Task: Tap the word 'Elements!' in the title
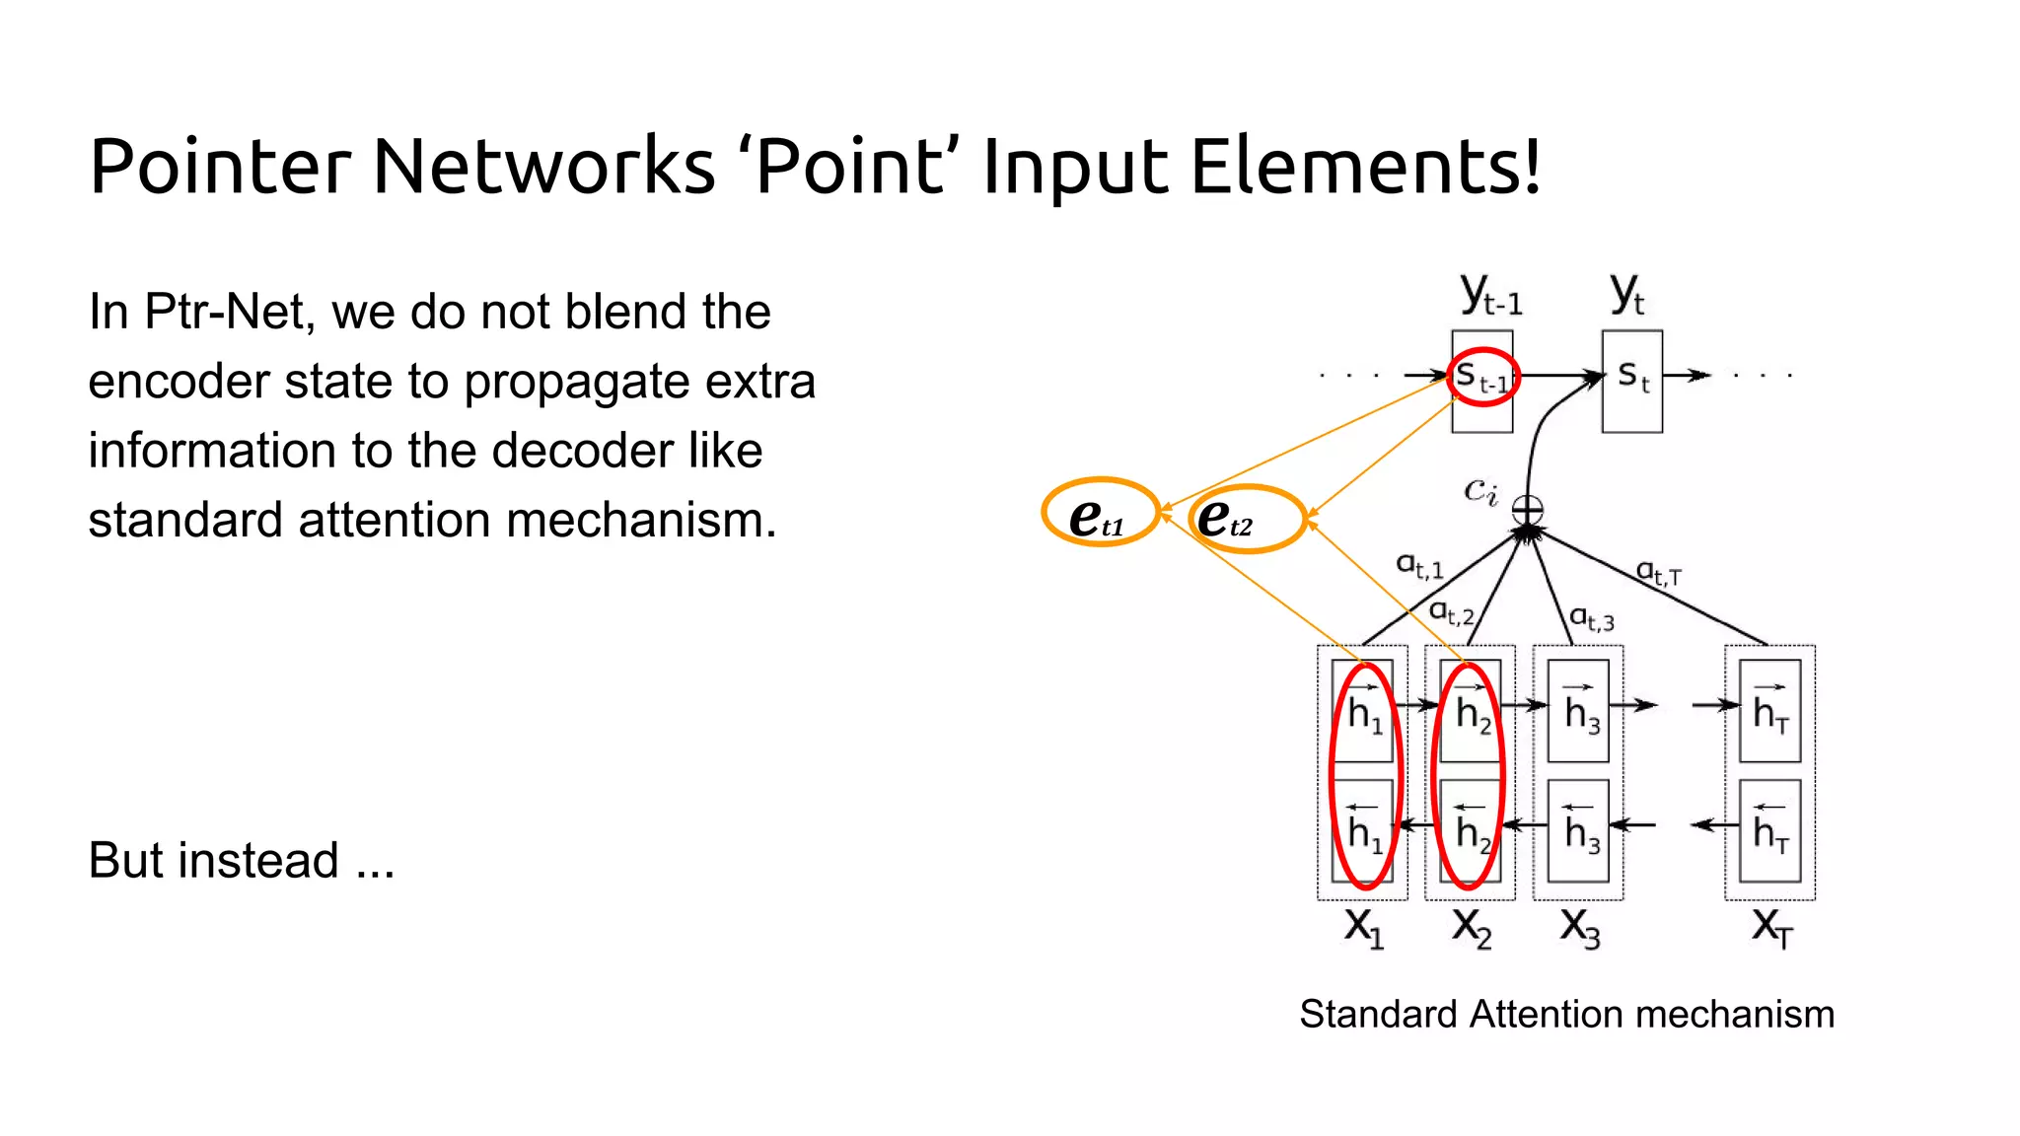tap(1365, 166)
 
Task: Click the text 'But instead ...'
tap(241, 860)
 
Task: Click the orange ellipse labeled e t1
tap(1100, 513)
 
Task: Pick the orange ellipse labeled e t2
tap(1247, 519)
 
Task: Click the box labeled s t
tap(1632, 381)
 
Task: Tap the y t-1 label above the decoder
tap(1490, 294)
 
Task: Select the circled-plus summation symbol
tap(1527, 510)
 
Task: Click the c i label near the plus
tap(1480, 489)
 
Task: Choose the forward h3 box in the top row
tap(1578, 711)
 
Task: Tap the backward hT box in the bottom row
tap(1769, 831)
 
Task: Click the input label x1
tap(1364, 928)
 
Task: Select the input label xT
tap(1771, 928)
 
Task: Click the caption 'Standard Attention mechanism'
tap(1566, 1014)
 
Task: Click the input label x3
tap(1579, 928)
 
